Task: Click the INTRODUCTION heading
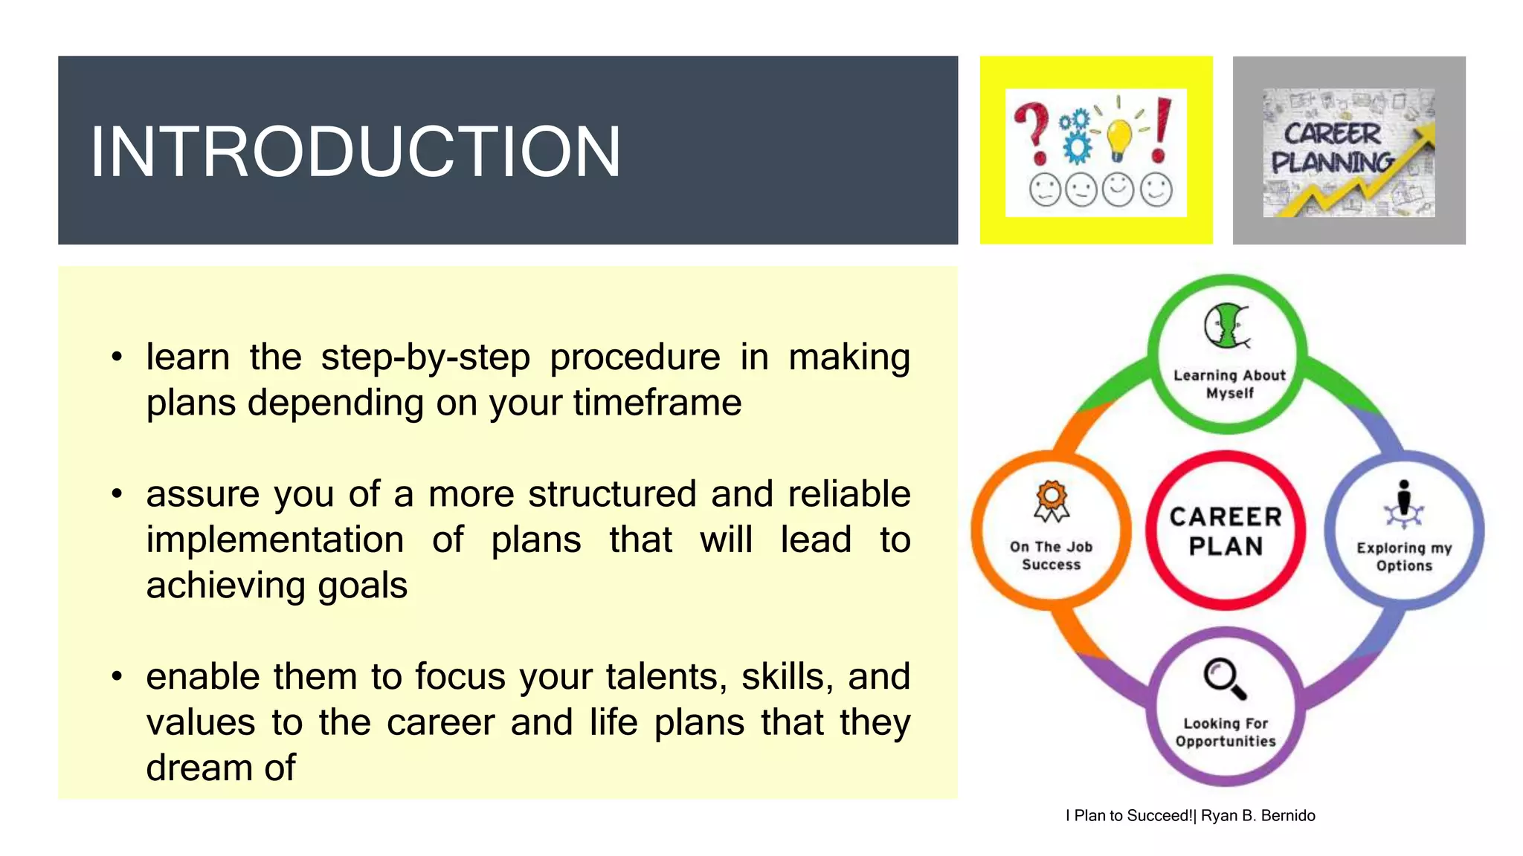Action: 355,152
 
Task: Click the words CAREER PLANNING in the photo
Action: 1332,148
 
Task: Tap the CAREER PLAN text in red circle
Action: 1226,531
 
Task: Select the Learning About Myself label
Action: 1229,384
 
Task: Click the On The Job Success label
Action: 1051,555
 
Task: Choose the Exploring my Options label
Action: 1404,557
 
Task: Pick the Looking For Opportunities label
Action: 1226,732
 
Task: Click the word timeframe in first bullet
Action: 657,403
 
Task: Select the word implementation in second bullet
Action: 274,539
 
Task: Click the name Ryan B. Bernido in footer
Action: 1258,816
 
